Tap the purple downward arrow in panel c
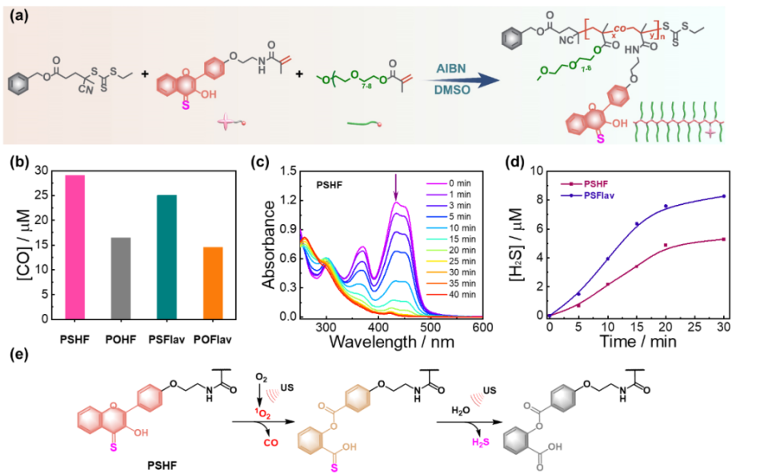(x=395, y=189)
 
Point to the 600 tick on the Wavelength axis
(x=480, y=327)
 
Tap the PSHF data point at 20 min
(x=666, y=245)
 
